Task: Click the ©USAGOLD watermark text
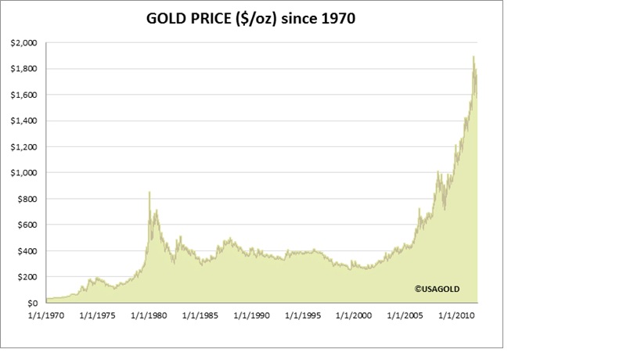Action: coord(438,288)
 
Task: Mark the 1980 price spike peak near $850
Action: coord(149,192)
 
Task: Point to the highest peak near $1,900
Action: coord(474,56)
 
